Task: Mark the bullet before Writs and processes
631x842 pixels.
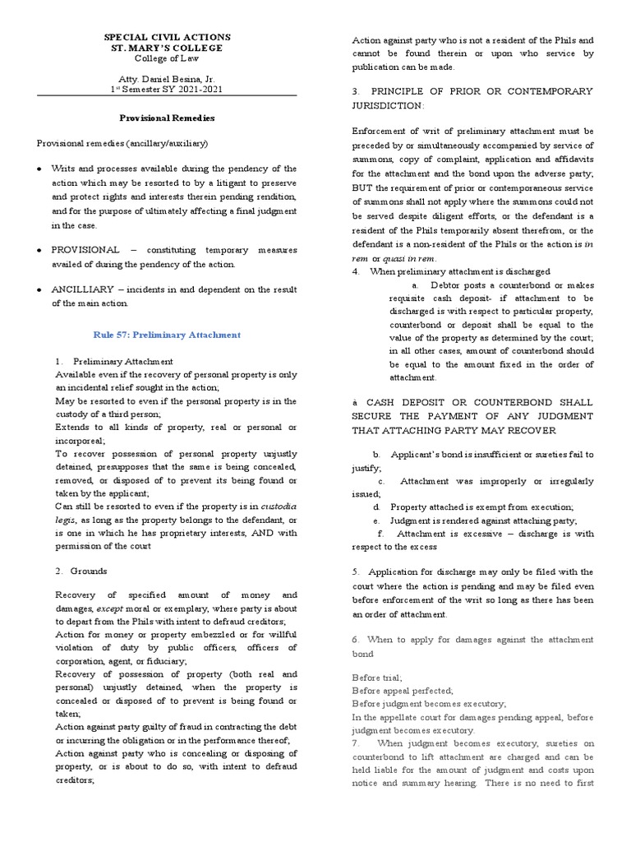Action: point(42,169)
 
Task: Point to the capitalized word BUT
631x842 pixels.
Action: point(363,186)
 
